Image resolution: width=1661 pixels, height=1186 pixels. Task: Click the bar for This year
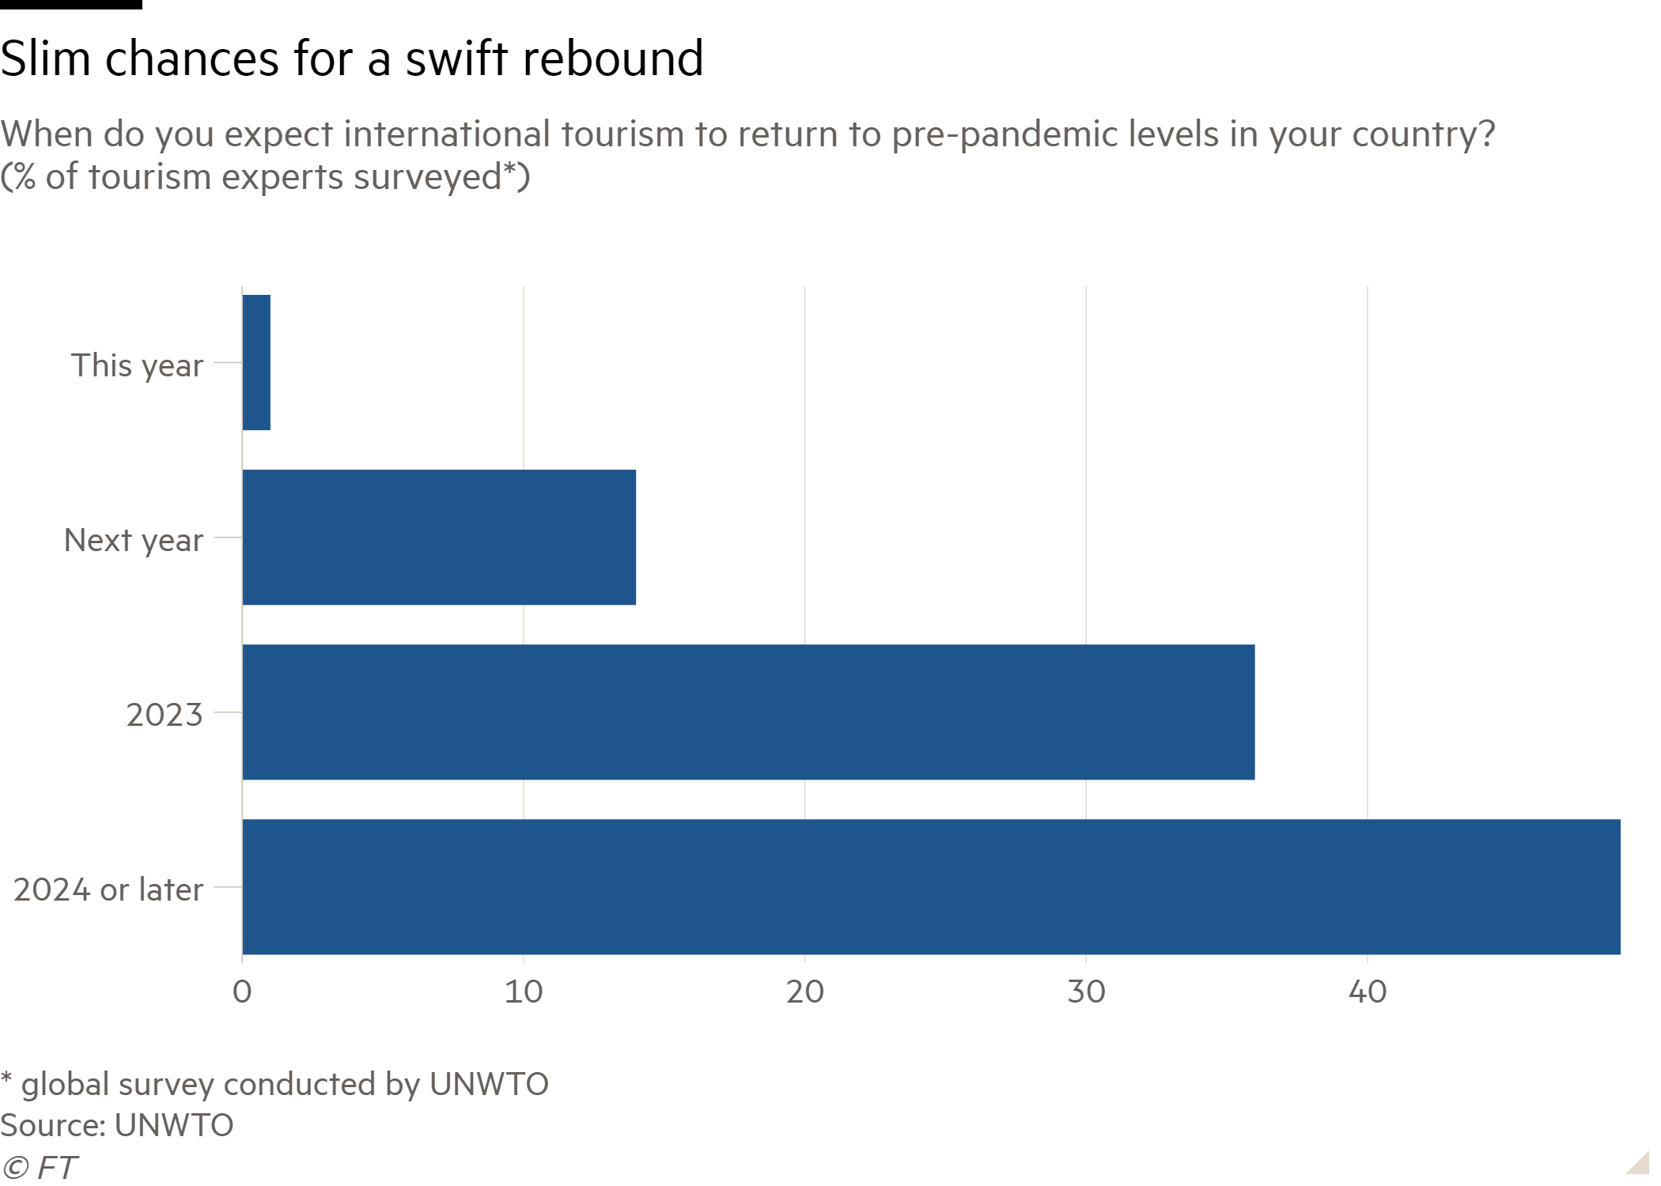[x=256, y=363]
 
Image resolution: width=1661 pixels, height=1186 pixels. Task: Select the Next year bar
[x=439, y=538]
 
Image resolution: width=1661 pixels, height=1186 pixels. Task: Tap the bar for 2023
[x=747, y=712]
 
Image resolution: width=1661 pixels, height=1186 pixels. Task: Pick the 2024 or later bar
[x=930, y=887]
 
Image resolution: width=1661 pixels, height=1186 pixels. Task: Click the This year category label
[x=139, y=366]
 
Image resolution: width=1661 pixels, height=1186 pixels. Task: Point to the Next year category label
[x=134, y=541]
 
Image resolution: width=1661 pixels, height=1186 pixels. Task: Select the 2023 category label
[x=165, y=716]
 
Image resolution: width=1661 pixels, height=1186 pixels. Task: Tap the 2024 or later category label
[x=108, y=890]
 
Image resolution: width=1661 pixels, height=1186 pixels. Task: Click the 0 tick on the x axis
[x=242, y=991]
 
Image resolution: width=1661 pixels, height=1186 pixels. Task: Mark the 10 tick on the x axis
[x=524, y=991]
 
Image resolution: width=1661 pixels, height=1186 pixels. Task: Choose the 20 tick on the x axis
[x=805, y=991]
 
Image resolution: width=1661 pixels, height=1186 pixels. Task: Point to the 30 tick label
[x=1087, y=991]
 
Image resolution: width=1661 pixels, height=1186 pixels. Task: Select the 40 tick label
[x=1368, y=991]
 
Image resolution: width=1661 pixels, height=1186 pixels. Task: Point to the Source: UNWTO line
[x=117, y=1125]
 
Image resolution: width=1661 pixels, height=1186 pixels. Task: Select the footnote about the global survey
[x=274, y=1084]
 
